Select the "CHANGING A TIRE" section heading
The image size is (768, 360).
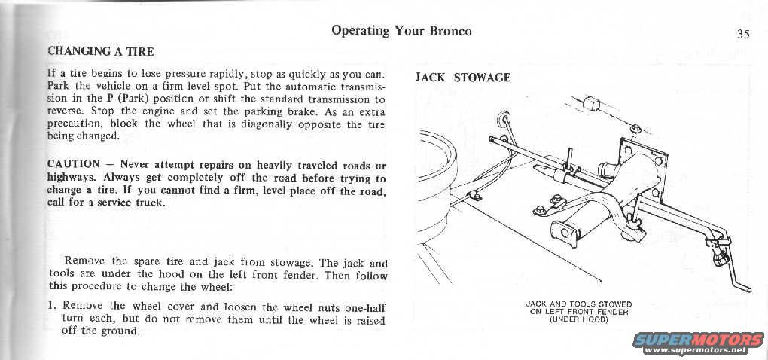pyautogui.click(x=100, y=52)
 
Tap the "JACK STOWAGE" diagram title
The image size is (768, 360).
pyautogui.click(x=462, y=78)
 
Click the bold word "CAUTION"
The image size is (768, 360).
pyautogui.click(x=73, y=164)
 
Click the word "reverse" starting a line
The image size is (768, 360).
pyautogui.click(x=66, y=111)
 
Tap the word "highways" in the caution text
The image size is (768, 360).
pyautogui.click(x=70, y=178)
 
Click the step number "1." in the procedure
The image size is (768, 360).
pyautogui.click(x=53, y=307)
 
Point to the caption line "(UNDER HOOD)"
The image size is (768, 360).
pyautogui.click(x=578, y=319)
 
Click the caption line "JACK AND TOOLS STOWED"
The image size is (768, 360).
pyautogui.click(x=578, y=304)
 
